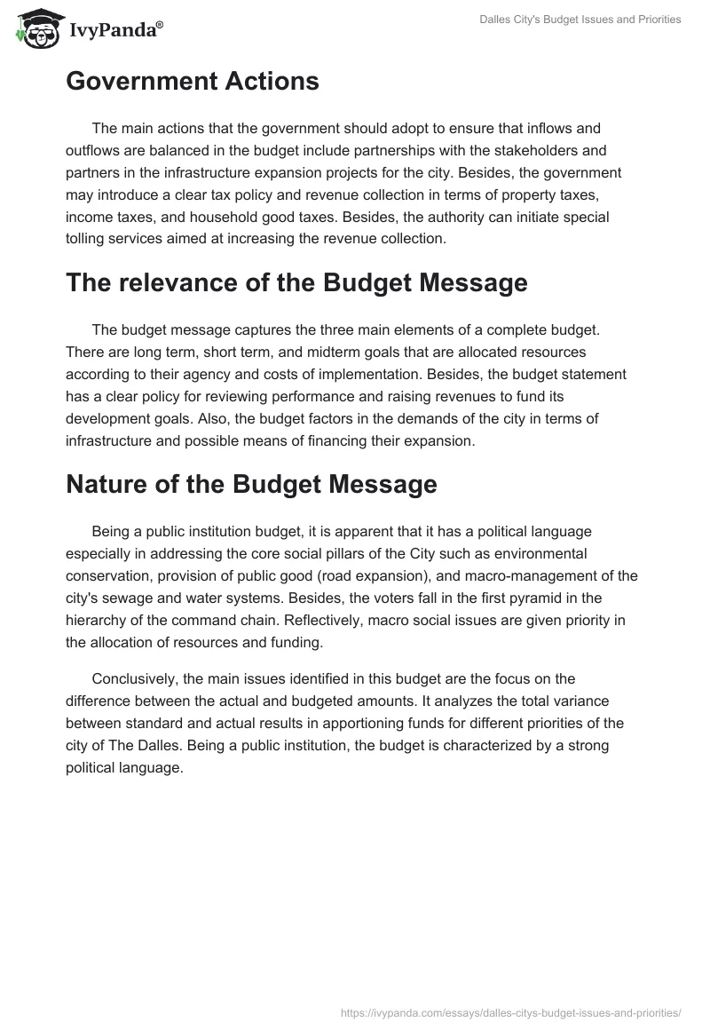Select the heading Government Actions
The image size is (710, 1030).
pos(192,81)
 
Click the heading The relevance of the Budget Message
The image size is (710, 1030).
pos(296,282)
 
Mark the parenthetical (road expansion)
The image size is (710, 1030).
pos(350,574)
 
